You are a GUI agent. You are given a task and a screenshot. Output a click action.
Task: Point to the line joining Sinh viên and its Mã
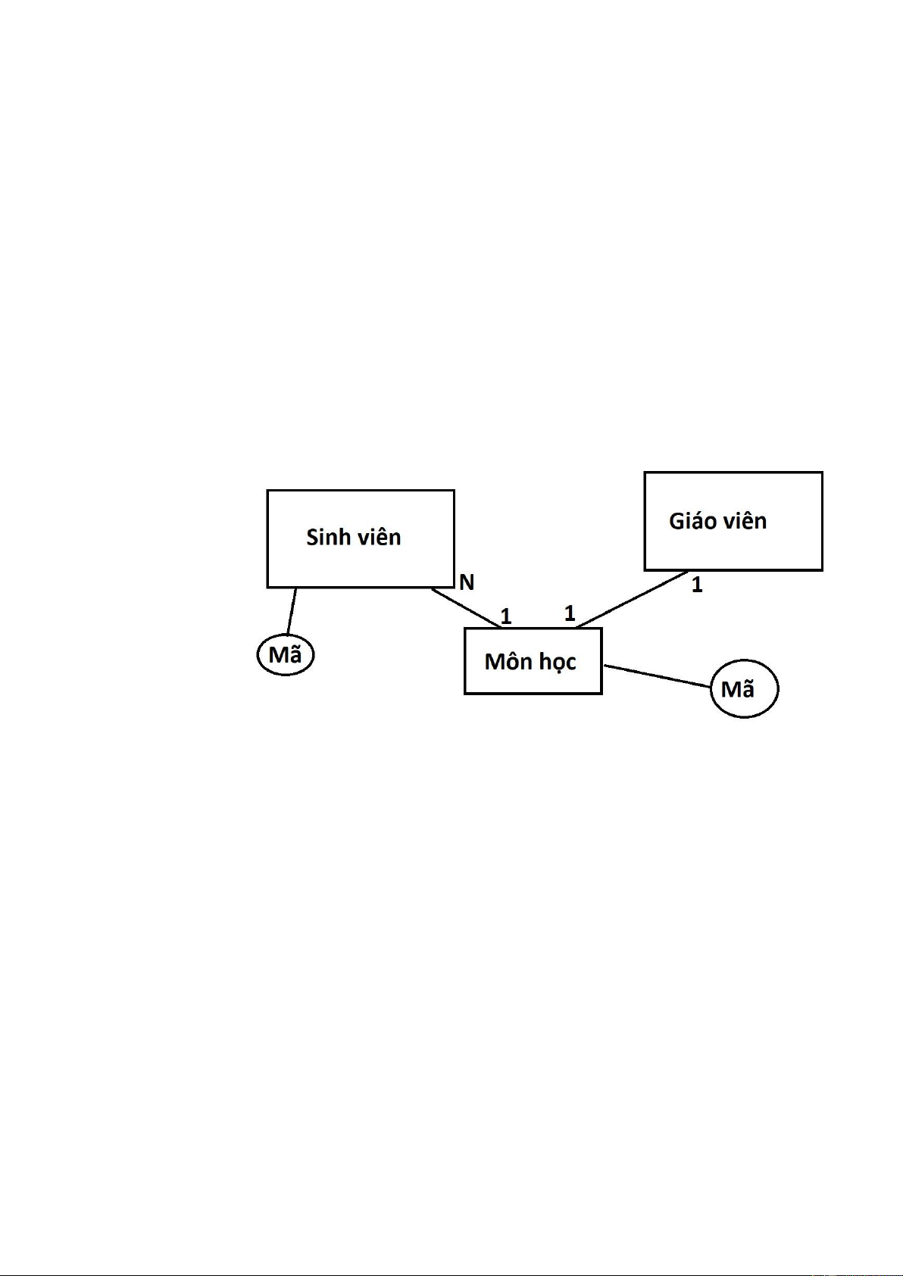(x=292, y=612)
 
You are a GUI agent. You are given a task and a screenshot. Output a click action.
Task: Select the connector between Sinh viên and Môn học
(x=466, y=608)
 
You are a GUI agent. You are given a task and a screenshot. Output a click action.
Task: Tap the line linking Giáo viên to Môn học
(x=632, y=599)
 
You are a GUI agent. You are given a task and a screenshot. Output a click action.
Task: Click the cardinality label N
(x=467, y=582)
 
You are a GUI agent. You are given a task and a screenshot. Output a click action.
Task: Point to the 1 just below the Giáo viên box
(x=697, y=585)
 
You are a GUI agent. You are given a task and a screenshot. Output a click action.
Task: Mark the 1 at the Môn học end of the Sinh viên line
(x=506, y=616)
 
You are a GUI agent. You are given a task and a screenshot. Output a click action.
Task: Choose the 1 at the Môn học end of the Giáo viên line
(x=570, y=613)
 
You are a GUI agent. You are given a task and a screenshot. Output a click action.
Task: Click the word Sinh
(x=325, y=537)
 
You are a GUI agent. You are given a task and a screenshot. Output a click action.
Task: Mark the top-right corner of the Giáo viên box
(x=823, y=472)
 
